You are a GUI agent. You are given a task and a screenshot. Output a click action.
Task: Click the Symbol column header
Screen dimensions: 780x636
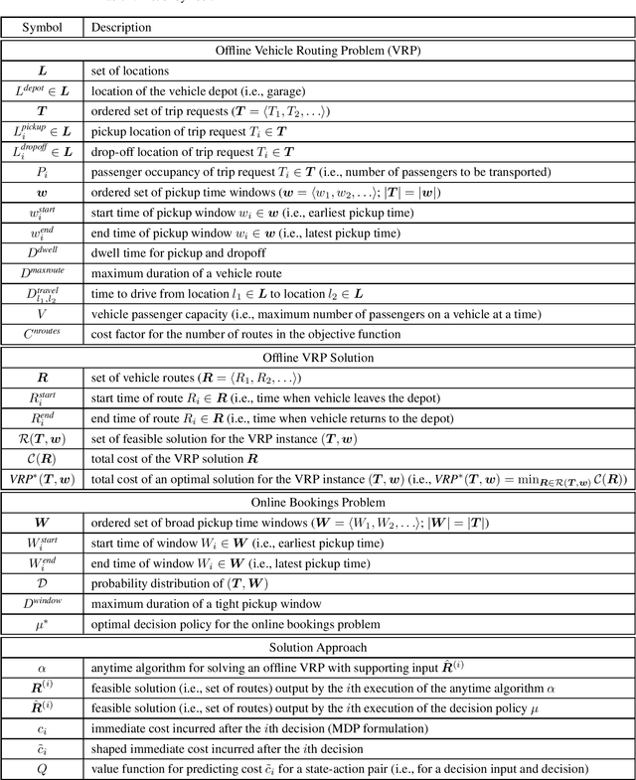[x=42, y=27]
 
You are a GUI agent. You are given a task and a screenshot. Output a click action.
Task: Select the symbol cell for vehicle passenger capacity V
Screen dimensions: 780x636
[x=42, y=314]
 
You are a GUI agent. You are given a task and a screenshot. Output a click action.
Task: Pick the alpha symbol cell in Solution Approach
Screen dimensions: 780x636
[x=42, y=670]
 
